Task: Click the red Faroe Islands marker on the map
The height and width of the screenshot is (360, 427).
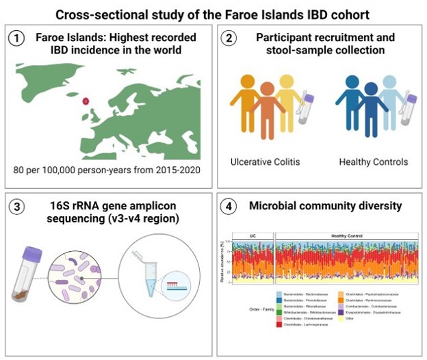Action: click(86, 101)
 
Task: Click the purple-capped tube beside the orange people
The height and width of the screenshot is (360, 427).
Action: click(307, 110)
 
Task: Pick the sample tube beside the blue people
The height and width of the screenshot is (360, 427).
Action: click(414, 110)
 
